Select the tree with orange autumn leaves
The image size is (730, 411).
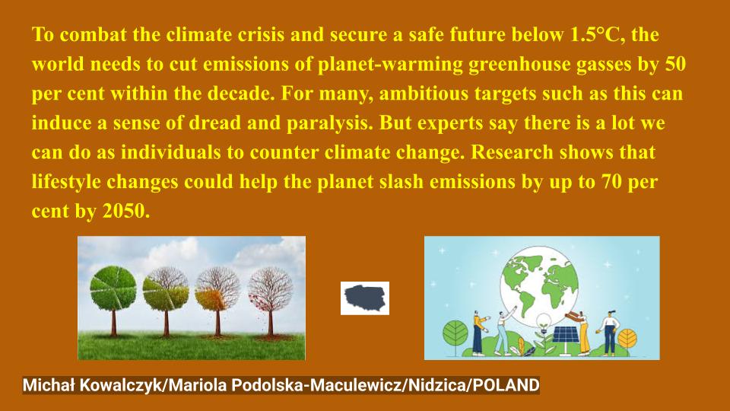click(217, 289)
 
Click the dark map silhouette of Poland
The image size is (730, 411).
click(365, 298)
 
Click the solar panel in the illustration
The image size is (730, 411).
click(563, 335)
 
